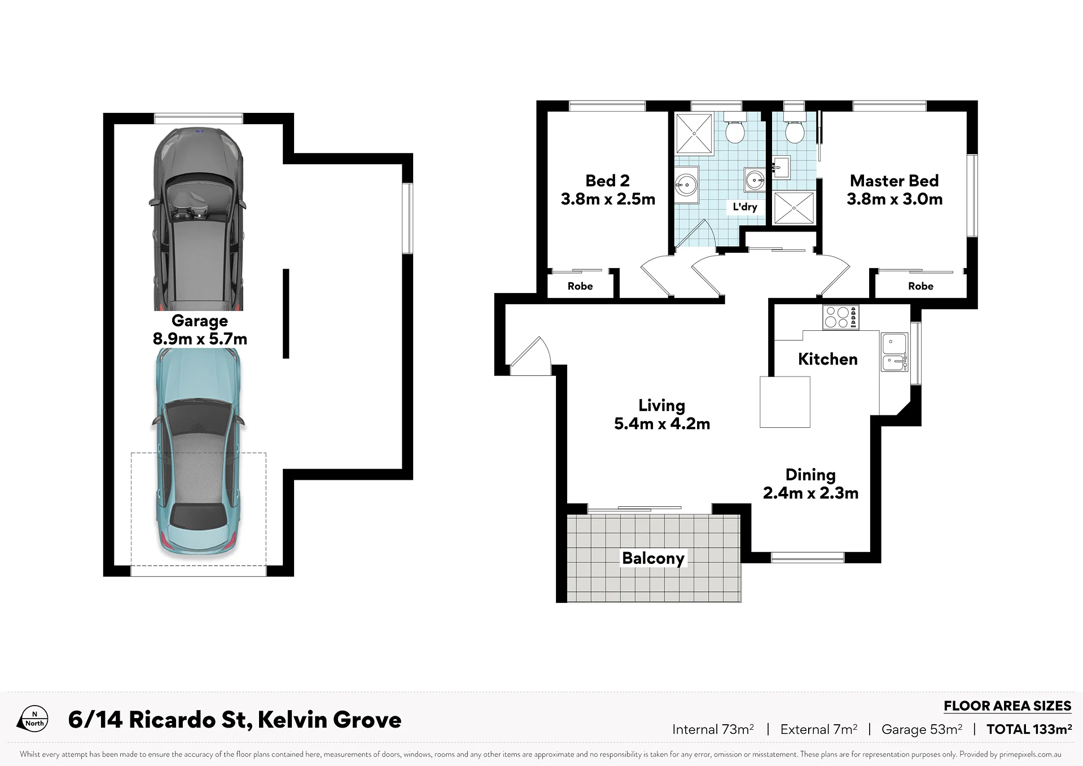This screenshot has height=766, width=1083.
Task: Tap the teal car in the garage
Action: (198, 452)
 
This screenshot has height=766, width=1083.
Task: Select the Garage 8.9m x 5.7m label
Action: (200, 330)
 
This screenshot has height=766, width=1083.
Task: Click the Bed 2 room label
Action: (608, 190)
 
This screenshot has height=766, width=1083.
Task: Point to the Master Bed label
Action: (895, 190)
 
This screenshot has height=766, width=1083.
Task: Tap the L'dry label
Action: (745, 207)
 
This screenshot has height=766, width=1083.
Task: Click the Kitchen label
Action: (828, 359)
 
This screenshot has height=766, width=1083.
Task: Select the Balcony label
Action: (653, 558)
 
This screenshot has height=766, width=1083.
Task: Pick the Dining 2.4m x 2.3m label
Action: (810, 484)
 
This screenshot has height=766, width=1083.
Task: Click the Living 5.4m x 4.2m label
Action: (662, 414)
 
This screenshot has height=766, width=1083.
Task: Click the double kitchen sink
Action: (895, 352)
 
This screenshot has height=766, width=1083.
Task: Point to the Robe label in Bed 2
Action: (580, 286)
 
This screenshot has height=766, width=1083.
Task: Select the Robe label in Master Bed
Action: (921, 286)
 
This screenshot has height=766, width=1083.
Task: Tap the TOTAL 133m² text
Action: (1029, 729)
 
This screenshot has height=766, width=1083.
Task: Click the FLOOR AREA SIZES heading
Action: (1007, 706)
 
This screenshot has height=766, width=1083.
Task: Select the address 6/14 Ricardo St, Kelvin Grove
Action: (235, 720)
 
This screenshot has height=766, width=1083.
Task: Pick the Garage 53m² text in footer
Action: (922, 729)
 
